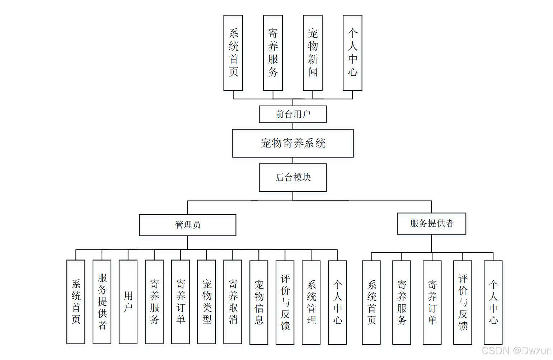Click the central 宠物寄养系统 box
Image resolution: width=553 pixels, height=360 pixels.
tap(292, 143)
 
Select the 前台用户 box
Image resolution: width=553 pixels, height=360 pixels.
tap(292, 114)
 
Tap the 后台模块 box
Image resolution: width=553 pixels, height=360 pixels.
tap(292, 177)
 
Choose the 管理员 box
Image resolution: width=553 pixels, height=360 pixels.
tap(187, 225)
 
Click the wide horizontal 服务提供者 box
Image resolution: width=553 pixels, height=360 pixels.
tap(431, 223)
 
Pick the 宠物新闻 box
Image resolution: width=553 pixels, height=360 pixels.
tap(313, 53)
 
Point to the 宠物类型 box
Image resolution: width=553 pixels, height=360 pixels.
tap(206, 302)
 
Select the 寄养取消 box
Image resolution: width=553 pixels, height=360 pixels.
tap(233, 302)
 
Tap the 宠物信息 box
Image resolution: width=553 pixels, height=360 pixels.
tap(259, 302)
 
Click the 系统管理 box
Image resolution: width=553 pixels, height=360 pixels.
tap(311, 302)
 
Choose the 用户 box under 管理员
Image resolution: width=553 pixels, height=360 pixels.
tap(128, 302)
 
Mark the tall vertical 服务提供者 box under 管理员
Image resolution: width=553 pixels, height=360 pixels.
tap(102, 302)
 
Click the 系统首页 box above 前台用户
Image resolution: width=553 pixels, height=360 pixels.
tap(233, 53)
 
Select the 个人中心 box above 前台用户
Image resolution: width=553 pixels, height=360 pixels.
tap(352, 53)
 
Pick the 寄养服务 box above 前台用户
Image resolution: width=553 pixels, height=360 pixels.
tap(273, 53)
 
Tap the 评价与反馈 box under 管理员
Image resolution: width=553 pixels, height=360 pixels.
tap(285, 302)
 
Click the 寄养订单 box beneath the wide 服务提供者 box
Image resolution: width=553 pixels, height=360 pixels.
tap(432, 302)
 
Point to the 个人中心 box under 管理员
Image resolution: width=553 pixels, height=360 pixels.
tap(337, 302)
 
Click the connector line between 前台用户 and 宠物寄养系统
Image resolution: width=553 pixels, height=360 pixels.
tap(293, 126)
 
